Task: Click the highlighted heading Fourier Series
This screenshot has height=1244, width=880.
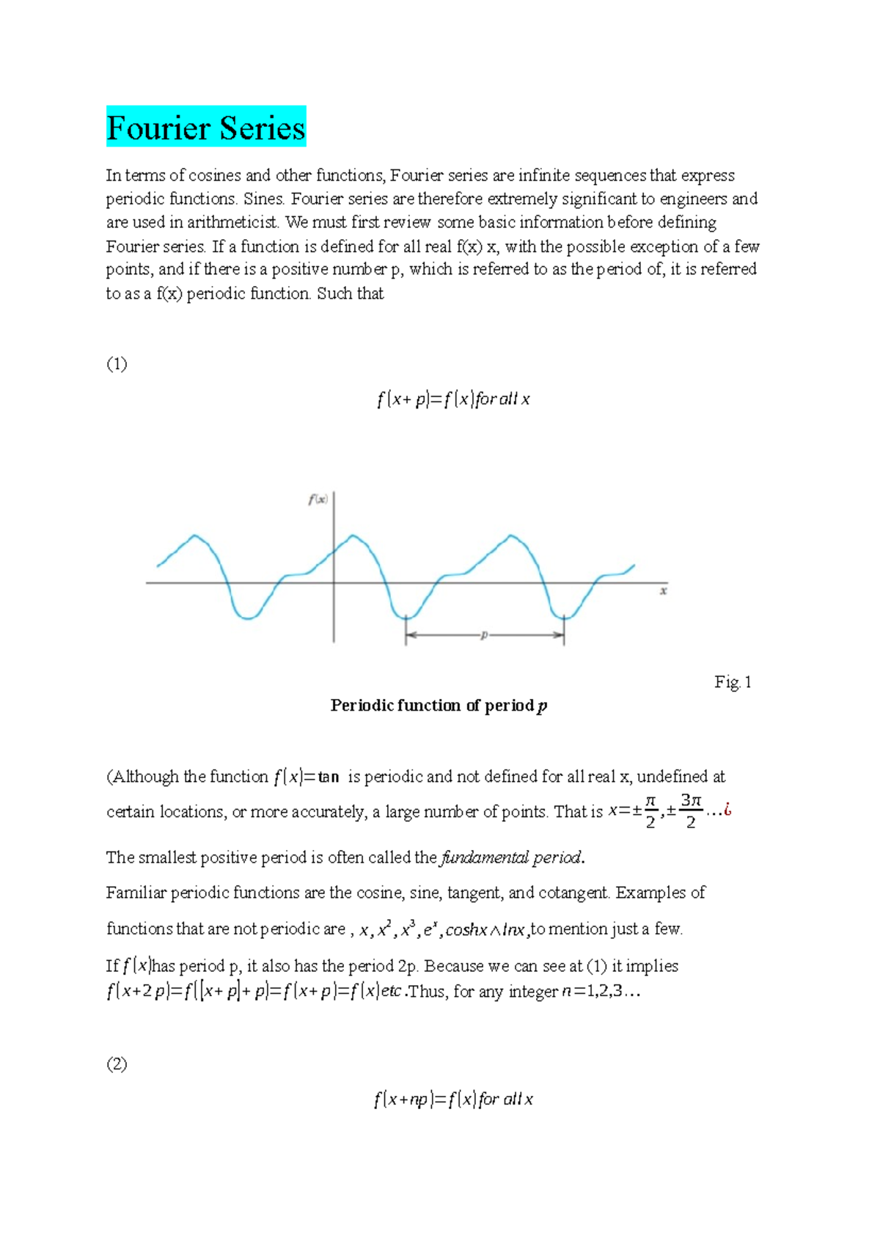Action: click(x=205, y=128)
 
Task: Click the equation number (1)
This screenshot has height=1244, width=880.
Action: click(x=117, y=364)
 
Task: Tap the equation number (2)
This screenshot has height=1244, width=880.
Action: click(x=117, y=1064)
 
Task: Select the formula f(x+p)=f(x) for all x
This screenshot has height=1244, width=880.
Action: click(x=452, y=399)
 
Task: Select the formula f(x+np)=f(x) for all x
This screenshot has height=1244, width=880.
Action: click(x=452, y=1099)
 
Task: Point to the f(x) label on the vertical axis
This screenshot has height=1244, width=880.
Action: click(x=318, y=500)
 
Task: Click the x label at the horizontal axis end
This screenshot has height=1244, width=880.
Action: click(x=663, y=590)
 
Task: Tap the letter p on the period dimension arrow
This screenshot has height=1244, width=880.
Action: click(x=483, y=635)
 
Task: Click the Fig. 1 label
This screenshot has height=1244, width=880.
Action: click(x=733, y=682)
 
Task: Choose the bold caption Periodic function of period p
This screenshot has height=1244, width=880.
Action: click(x=439, y=706)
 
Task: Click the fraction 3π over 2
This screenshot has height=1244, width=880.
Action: click(x=691, y=811)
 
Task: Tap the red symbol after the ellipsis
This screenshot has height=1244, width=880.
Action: click(x=727, y=811)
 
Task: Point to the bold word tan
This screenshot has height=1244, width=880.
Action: click(x=329, y=777)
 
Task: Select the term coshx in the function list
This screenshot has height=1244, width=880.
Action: click(x=466, y=929)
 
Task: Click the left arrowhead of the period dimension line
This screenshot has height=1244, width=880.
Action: click(x=411, y=635)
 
